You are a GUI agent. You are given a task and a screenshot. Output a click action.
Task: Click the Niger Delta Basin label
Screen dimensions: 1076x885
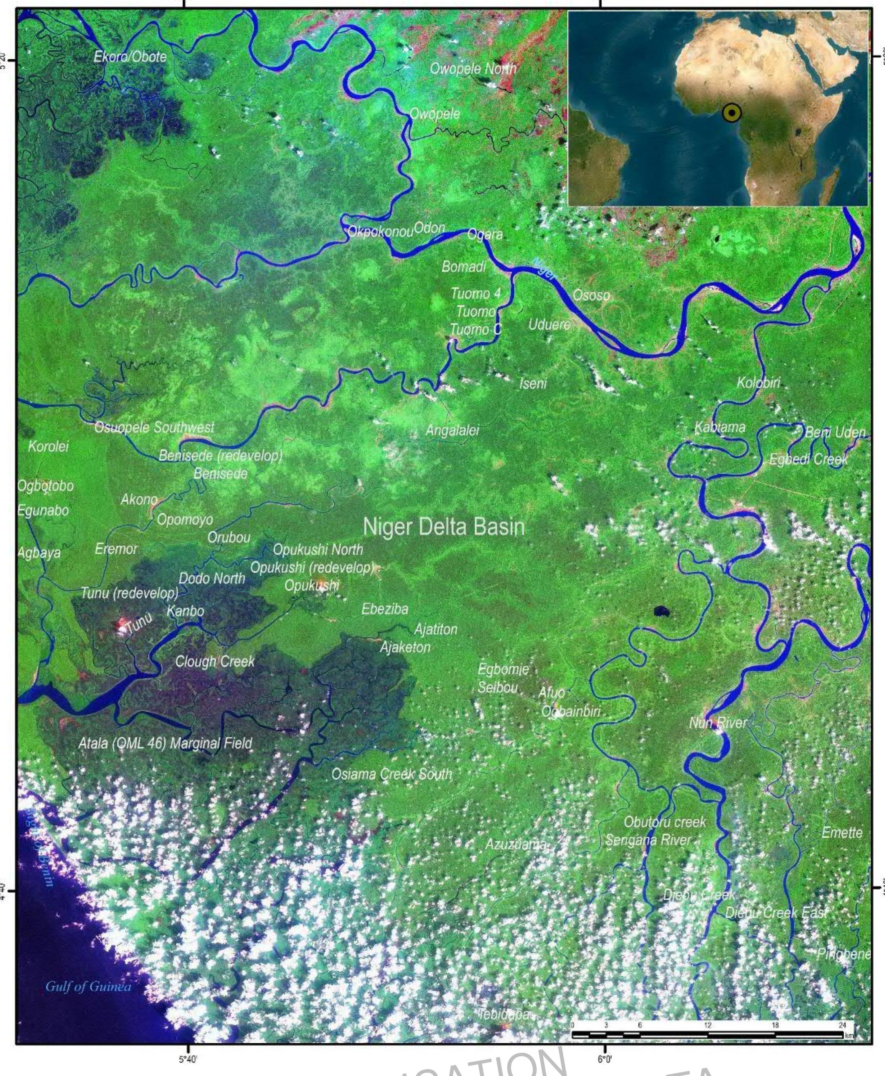[x=444, y=527]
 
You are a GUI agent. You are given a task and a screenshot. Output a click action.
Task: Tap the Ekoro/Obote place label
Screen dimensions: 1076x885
[x=130, y=56]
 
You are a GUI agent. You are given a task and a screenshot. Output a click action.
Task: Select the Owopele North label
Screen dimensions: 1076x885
[x=473, y=69]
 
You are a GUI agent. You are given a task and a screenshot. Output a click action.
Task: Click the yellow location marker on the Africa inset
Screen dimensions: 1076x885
[x=732, y=113]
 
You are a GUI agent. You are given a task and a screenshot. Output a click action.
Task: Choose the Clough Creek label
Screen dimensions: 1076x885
[x=215, y=661]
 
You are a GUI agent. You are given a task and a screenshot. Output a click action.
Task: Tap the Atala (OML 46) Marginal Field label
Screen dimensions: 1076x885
[x=165, y=743]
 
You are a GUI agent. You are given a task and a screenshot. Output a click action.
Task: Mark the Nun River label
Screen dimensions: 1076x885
[x=717, y=722]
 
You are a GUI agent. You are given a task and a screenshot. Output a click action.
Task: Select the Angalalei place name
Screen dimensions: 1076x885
[x=452, y=431]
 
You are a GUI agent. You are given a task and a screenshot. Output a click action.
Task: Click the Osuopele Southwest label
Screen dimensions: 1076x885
[x=155, y=427]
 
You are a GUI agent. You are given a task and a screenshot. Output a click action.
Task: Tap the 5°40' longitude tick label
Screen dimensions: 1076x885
[x=188, y=1060]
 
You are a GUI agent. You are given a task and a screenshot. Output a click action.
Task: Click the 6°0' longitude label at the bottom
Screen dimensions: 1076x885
[x=604, y=1060]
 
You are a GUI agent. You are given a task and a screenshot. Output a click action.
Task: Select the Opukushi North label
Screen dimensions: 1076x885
[x=318, y=549]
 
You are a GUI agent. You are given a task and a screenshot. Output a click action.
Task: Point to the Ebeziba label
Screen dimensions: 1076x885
[x=385, y=609]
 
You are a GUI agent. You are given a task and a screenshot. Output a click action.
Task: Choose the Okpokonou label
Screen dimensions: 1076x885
[x=380, y=232]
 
